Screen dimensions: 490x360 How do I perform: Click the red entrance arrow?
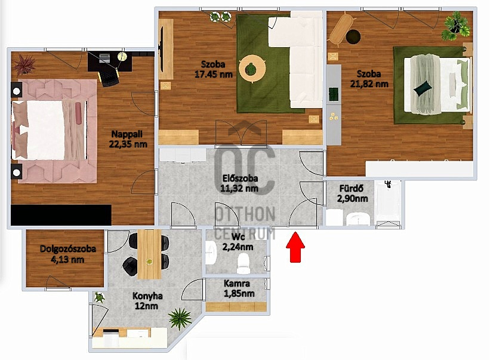[x=295, y=247]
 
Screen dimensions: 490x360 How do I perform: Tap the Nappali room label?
[x=127, y=134]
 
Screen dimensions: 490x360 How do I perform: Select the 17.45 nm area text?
[x=214, y=75]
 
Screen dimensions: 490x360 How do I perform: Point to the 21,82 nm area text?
[x=369, y=84]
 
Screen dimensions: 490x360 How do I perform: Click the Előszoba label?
[x=240, y=179]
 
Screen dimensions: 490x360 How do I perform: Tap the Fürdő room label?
[x=352, y=189]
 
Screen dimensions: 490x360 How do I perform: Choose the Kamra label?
[x=237, y=284]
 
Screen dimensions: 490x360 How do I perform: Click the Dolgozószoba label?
[x=68, y=249]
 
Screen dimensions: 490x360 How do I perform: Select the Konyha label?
[x=147, y=296]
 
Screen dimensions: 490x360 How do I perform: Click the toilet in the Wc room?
[x=243, y=263]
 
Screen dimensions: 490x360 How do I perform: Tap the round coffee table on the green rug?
[x=252, y=69]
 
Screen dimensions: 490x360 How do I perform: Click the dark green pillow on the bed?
[x=423, y=87]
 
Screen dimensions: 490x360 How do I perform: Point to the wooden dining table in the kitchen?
[x=149, y=254]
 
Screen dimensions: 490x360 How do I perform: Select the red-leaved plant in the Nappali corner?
[x=24, y=64]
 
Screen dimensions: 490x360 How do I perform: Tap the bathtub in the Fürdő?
[x=388, y=202]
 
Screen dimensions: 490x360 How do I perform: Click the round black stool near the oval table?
[x=353, y=37]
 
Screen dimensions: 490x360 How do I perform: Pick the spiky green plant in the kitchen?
[x=180, y=318]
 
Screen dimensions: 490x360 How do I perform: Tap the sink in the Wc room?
[x=211, y=250]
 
